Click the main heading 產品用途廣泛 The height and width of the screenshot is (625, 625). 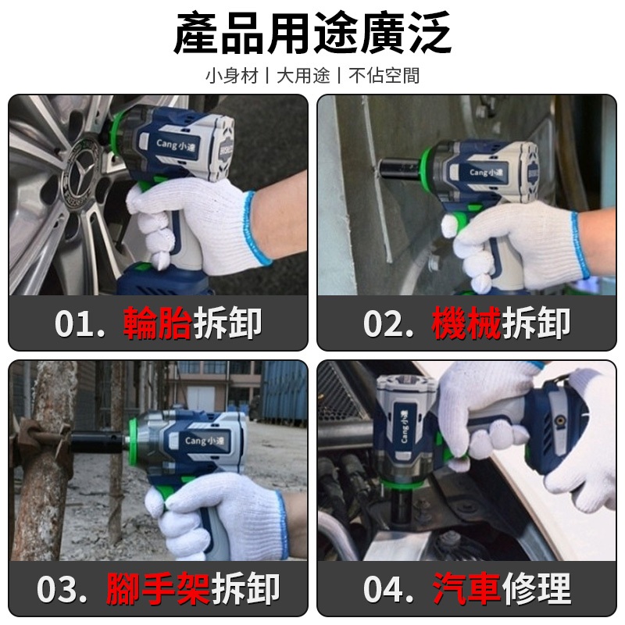pos(312,33)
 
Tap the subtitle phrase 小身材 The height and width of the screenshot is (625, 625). pos(232,76)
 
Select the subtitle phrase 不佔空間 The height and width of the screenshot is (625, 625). pos(384,76)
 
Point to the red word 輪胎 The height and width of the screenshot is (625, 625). pos(158,323)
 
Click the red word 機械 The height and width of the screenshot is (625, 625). pos(466,323)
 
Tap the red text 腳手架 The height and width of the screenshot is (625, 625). pos(159,588)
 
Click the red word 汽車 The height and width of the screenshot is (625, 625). pos(466,588)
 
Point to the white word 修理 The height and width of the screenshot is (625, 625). pos(537,588)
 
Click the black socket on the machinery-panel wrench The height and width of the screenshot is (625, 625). pos(399,169)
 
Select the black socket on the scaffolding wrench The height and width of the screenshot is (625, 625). pos(98,442)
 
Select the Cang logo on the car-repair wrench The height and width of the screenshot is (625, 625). pos(404,427)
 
